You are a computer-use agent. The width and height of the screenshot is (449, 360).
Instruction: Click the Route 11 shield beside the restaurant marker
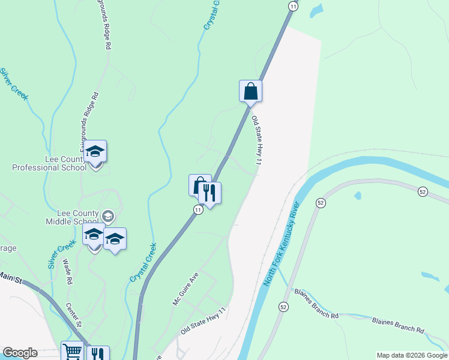click(197, 209)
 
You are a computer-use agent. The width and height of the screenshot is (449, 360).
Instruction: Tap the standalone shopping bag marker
click(250, 92)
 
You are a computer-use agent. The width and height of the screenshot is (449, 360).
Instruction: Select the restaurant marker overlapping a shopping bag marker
click(209, 193)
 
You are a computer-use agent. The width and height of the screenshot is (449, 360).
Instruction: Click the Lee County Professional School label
click(49, 163)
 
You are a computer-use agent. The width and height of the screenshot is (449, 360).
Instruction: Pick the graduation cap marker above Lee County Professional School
click(95, 152)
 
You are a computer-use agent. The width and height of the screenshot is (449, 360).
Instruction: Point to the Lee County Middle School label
click(72, 217)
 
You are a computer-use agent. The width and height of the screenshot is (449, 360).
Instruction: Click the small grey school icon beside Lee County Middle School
click(108, 215)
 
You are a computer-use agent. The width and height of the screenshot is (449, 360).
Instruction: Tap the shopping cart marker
click(72, 352)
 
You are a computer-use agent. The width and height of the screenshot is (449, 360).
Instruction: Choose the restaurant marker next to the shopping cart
click(98, 354)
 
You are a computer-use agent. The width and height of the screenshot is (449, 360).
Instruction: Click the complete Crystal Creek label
click(143, 263)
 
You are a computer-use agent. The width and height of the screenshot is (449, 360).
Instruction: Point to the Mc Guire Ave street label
click(185, 290)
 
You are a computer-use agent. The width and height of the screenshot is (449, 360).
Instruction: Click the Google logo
click(20, 353)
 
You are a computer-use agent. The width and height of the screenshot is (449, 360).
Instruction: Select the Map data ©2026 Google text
click(412, 355)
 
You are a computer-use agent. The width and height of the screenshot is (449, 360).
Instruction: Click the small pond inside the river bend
click(358, 196)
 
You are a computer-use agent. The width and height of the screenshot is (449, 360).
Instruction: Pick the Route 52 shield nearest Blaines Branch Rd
click(283, 307)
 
